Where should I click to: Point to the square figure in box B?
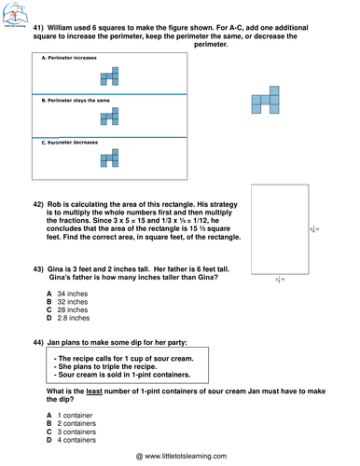[x=111, y=116]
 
